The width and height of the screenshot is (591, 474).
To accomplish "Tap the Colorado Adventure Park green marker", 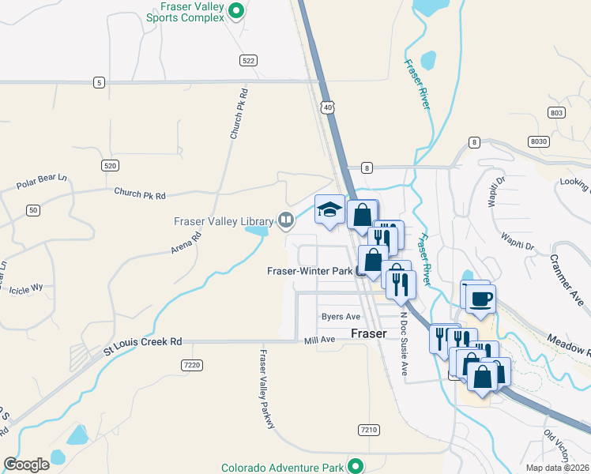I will click(x=356, y=467).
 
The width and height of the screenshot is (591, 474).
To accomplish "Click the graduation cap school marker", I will click(x=329, y=209).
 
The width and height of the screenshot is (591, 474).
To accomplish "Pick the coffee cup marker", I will click(x=480, y=299).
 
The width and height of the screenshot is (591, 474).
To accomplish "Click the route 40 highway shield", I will click(x=327, y=106).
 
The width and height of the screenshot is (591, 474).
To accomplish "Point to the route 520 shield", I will click(x=110, y=164).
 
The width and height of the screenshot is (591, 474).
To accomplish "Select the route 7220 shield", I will click(x=191, y=364).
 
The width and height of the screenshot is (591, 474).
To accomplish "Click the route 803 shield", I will click(x=556, y=113).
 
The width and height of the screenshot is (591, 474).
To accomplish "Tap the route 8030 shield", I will click(x=539, y=141).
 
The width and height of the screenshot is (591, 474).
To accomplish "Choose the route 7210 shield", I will click(x=368, y=430).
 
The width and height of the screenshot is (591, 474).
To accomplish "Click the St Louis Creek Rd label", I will click(x=144, y=342).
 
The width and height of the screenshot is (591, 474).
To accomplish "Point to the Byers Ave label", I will click(x=341, y=317).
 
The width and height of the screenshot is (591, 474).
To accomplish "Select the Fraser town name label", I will click(x=368, y=333).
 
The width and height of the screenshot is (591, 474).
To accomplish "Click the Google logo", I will click(x=26, y=465).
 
